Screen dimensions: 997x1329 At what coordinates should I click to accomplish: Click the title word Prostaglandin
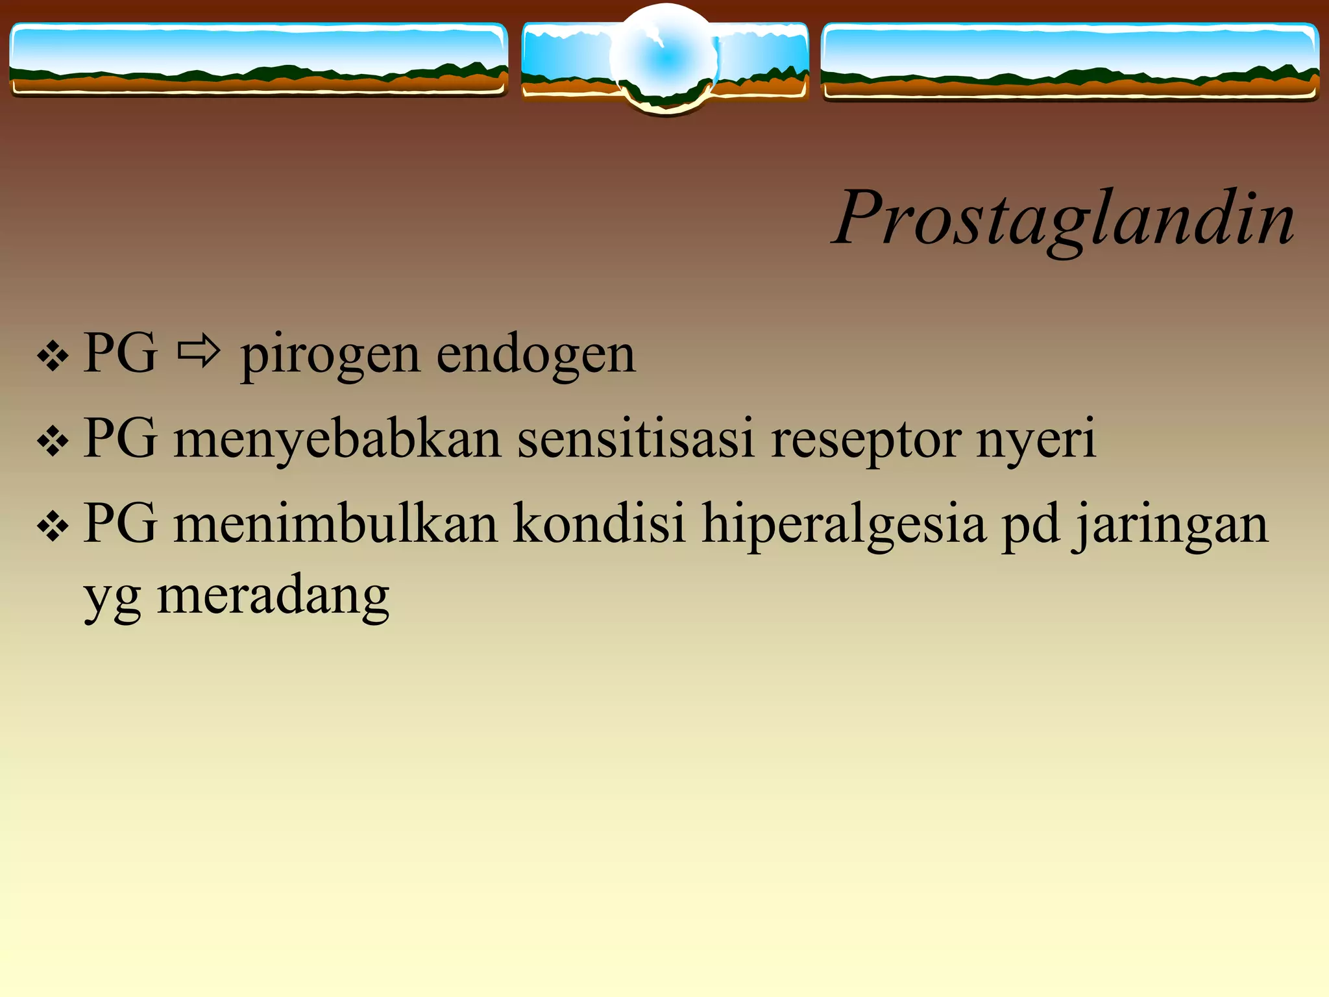(1064, 218)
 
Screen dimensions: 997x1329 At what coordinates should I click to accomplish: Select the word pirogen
(330, 356)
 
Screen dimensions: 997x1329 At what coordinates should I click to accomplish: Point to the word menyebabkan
(337, 440)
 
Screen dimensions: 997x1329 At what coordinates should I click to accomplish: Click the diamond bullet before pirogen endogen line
(53, 356)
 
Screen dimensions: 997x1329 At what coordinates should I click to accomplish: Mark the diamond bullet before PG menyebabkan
(53, 442)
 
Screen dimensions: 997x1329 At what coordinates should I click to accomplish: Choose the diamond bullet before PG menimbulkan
(53, 526)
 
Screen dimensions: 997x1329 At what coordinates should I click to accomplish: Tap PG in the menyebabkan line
(121, 439)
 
